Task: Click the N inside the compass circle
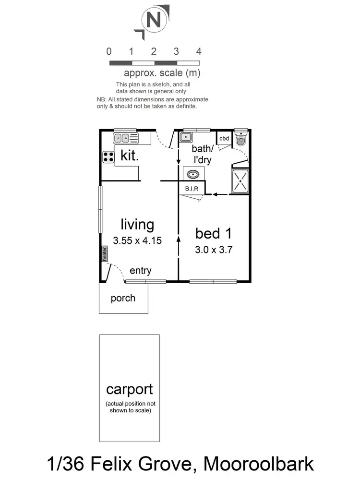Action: [x=153, y=21]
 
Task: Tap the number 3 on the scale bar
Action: [x=176, y=52]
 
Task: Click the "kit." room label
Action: [x=130, y=155]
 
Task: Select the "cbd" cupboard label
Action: [x=224, y=139]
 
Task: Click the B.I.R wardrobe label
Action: [x=192, y=189]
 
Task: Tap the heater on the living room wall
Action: [x=104, y=253]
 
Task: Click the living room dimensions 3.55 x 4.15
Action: [x=137, y=240]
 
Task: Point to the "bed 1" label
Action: [x=214, y=234]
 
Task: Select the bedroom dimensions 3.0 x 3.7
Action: [x=214, y=250]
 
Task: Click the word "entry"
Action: [x=141, y=271]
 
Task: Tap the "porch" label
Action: [x=123, y=298]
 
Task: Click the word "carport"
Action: [x=130, y=389]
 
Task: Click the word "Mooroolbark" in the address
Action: [x=259, y=464]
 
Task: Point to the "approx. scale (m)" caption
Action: [x=162, y=73]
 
